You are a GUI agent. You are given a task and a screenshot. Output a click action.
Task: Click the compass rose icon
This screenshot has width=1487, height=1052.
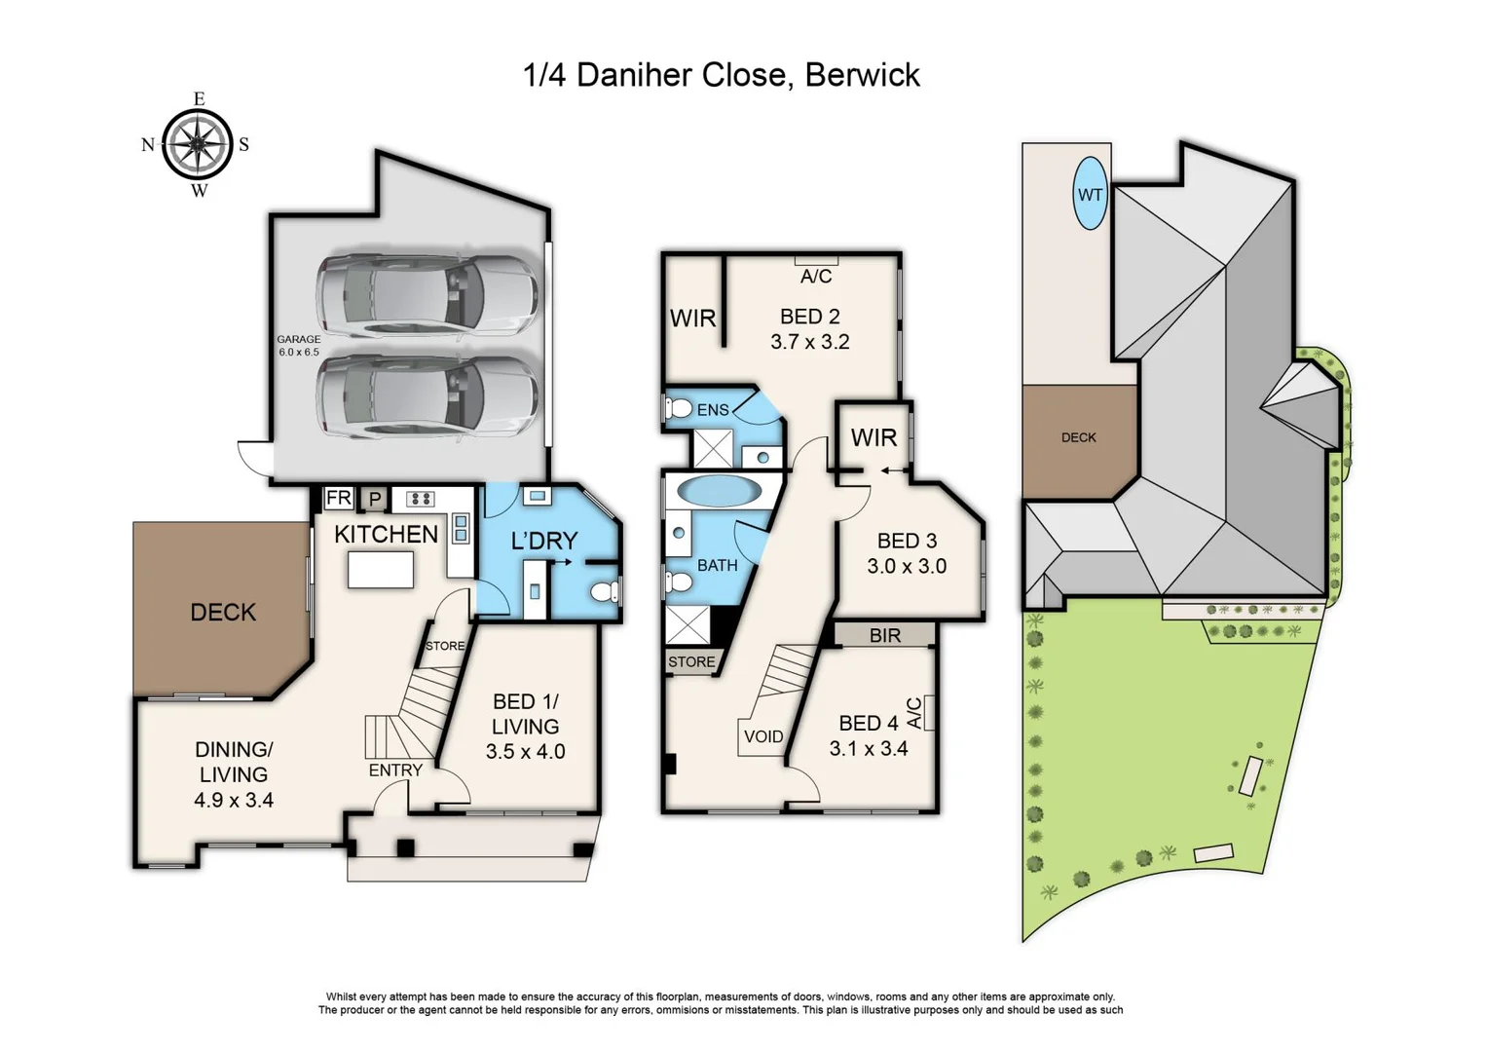point(198,144)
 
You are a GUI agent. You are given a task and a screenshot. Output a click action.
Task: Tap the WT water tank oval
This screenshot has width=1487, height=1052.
point(1090,194)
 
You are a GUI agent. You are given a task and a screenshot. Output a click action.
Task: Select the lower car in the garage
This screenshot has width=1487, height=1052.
point(427,395)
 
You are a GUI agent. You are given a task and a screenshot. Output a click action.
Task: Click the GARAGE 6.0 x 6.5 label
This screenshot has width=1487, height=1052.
point(298,346)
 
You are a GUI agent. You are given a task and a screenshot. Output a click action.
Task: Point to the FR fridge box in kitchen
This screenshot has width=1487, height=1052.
point(338,498)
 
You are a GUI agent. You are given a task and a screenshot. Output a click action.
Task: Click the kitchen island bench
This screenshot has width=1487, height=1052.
point(381,569)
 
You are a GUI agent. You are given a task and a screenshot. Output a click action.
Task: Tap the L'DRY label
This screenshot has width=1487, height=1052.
point(544,541)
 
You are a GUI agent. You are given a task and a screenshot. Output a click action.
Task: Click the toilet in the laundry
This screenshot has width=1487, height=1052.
point(605,591)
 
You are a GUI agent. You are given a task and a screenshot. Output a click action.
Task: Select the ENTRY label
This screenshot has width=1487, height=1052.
point(395,770)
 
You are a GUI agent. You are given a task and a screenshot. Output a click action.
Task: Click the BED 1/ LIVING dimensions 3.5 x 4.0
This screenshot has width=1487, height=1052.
point(525,751)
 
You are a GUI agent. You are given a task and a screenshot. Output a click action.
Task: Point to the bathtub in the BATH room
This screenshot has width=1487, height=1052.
point(720,490)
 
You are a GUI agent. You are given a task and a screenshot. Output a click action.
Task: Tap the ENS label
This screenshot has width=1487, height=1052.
point(713,410)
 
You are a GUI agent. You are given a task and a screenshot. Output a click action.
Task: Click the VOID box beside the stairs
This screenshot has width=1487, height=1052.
point(762,736)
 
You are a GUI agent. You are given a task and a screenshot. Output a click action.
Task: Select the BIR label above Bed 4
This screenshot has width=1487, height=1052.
point(884,635)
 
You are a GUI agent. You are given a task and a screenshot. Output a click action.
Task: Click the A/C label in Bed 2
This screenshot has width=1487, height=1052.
point(816,277)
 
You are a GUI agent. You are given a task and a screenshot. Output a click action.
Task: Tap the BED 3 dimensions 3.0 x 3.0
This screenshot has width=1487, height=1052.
point(907,566)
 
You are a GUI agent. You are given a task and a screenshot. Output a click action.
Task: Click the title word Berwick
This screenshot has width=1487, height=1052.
point(862,75)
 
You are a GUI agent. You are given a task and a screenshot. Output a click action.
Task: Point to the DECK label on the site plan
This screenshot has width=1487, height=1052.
point(1078,437)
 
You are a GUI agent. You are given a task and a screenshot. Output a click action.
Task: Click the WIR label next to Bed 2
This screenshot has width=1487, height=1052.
point(692,318)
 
